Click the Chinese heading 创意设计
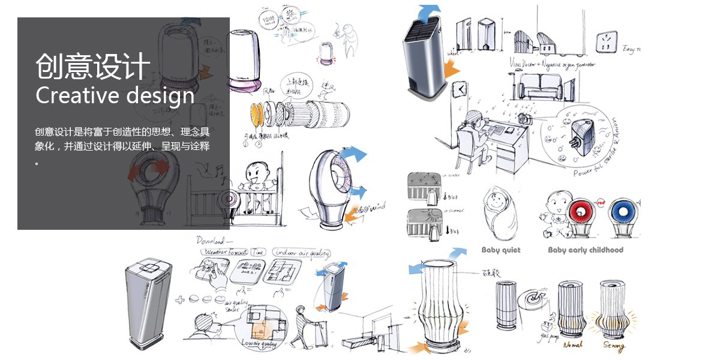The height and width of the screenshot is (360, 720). pyautogui.click(x=92, y=65)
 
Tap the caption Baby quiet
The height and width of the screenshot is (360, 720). pyautogui.click(x=501, y=250)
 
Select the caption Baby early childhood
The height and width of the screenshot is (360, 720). pyautogui.click(x=586, y=250)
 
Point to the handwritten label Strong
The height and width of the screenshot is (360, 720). pyautogui.click(x=614, y=346)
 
